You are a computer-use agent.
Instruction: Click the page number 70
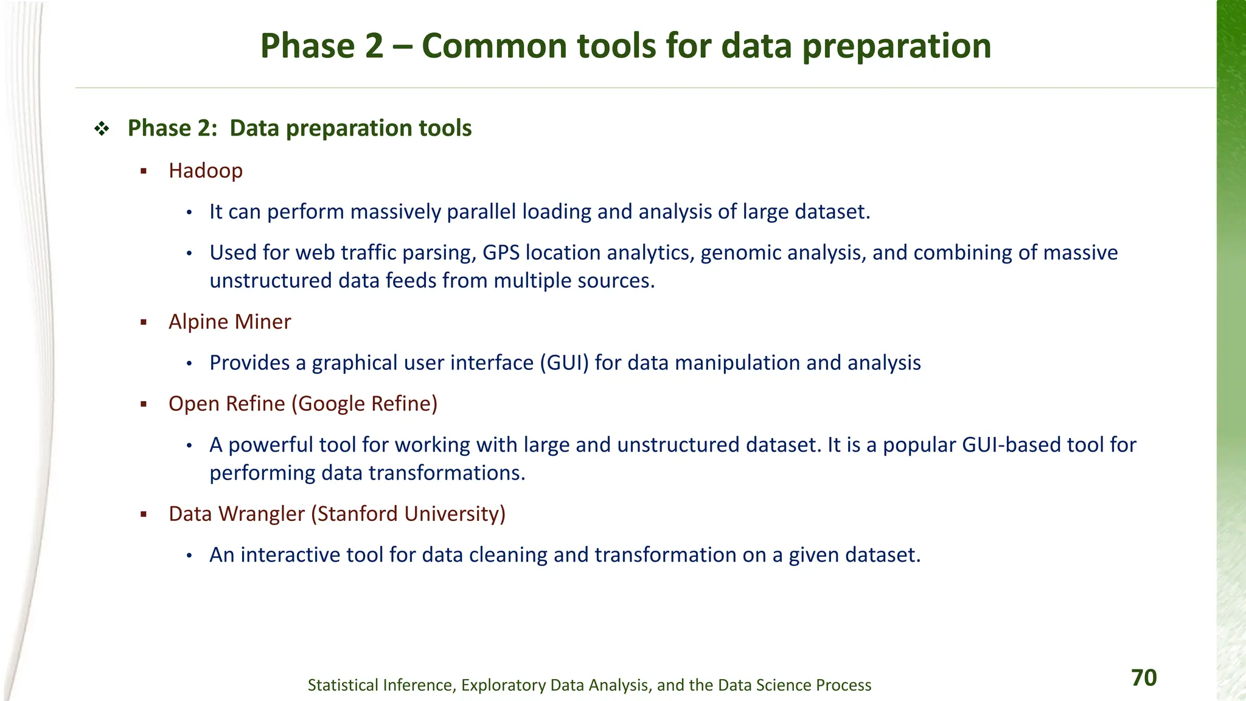coord(1144,678)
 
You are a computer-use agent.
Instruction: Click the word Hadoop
coord(206,171)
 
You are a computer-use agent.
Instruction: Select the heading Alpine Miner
coord(229,322)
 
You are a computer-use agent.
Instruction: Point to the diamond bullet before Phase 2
coord(102,129)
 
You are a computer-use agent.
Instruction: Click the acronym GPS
coord(501,253)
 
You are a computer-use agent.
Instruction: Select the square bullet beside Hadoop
coord(144,172)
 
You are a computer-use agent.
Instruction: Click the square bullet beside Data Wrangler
coord(144,515)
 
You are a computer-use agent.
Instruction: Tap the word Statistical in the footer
coord(343,685)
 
